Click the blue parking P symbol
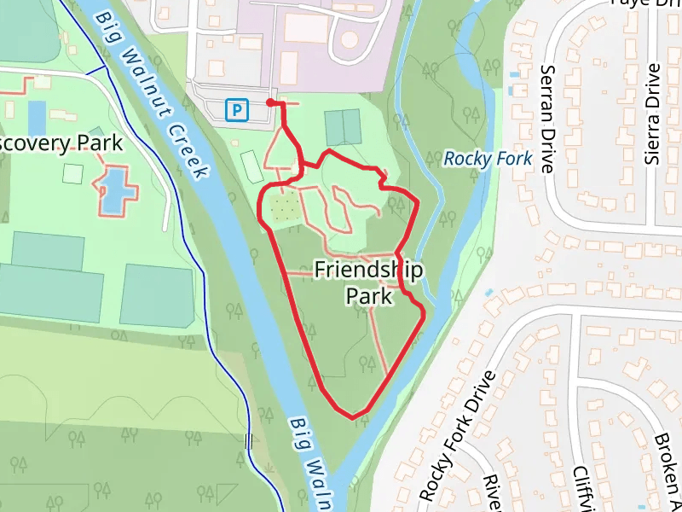(236, 109)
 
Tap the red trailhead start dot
(270, 102)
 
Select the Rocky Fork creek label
(488, 159)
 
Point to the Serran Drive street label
(548, 118)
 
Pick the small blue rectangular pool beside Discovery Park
(37, 118)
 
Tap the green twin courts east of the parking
(343, 127)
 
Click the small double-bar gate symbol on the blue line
(249, 441)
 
